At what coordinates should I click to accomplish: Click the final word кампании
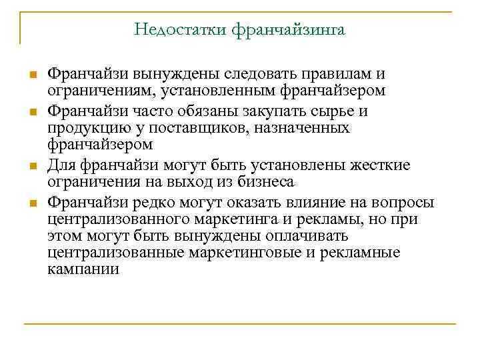point(83,269)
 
